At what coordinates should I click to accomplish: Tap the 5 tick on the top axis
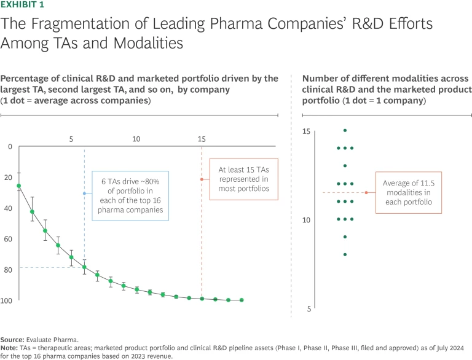(x=72, y=139)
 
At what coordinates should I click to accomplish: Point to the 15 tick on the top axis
(x=202, y=139)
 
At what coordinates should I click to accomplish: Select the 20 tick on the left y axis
(x=9, y=178)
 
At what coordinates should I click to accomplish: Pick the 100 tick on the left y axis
(x=7, y=300)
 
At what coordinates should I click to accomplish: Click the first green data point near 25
(x=19, y=186)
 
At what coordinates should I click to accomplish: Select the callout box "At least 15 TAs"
(x=238, y=179)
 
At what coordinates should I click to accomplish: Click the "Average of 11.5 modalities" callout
(x=408, y=193)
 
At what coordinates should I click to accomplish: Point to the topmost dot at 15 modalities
(x=345, y=130)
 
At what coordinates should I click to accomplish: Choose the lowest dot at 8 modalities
(x=345, y=254)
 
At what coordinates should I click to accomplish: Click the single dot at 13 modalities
(x=345, y=166)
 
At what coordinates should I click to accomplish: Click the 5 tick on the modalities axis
(x=309, y=309)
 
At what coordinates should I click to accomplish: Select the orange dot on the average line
(x=366, y=193)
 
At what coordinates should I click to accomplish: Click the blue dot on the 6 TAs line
(x=85, y=194)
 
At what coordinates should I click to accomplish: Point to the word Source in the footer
(x=12, y=339)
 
